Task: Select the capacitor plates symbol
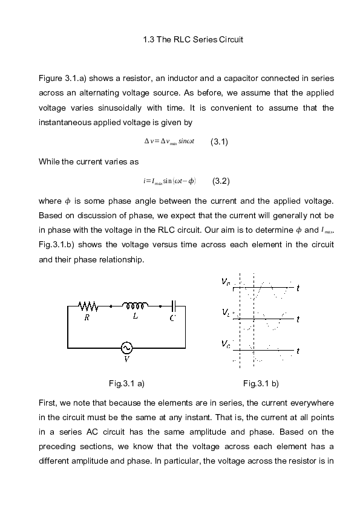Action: [x=174, y=306]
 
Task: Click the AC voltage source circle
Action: [x=126, y=348]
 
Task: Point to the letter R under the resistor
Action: [x=87, y=320]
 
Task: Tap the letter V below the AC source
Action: [x=126, y=359]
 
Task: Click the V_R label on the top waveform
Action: [x=224, y=282]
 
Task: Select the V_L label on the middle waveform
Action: [x=225, y=313]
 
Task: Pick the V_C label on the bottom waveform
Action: [x=225, y=344]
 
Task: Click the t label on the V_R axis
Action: [x=298, y=289]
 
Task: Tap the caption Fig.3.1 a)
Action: [x=126, y=383]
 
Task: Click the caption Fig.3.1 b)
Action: [x=261, y=383]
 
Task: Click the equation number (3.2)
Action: [x=221, y=181]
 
